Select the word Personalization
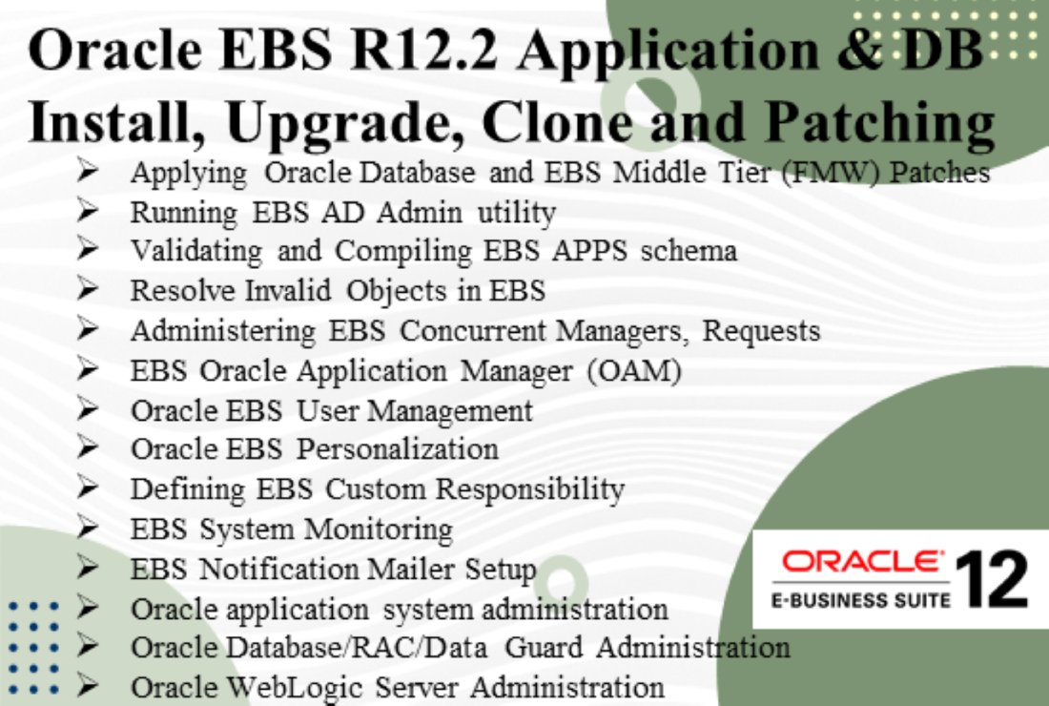(398, 448)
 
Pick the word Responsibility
(530, 488)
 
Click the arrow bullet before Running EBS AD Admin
(90, 211)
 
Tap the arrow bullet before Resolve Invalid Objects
(90, 290)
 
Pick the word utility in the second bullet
(516, 212)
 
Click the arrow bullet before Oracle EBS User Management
(90, 409)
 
